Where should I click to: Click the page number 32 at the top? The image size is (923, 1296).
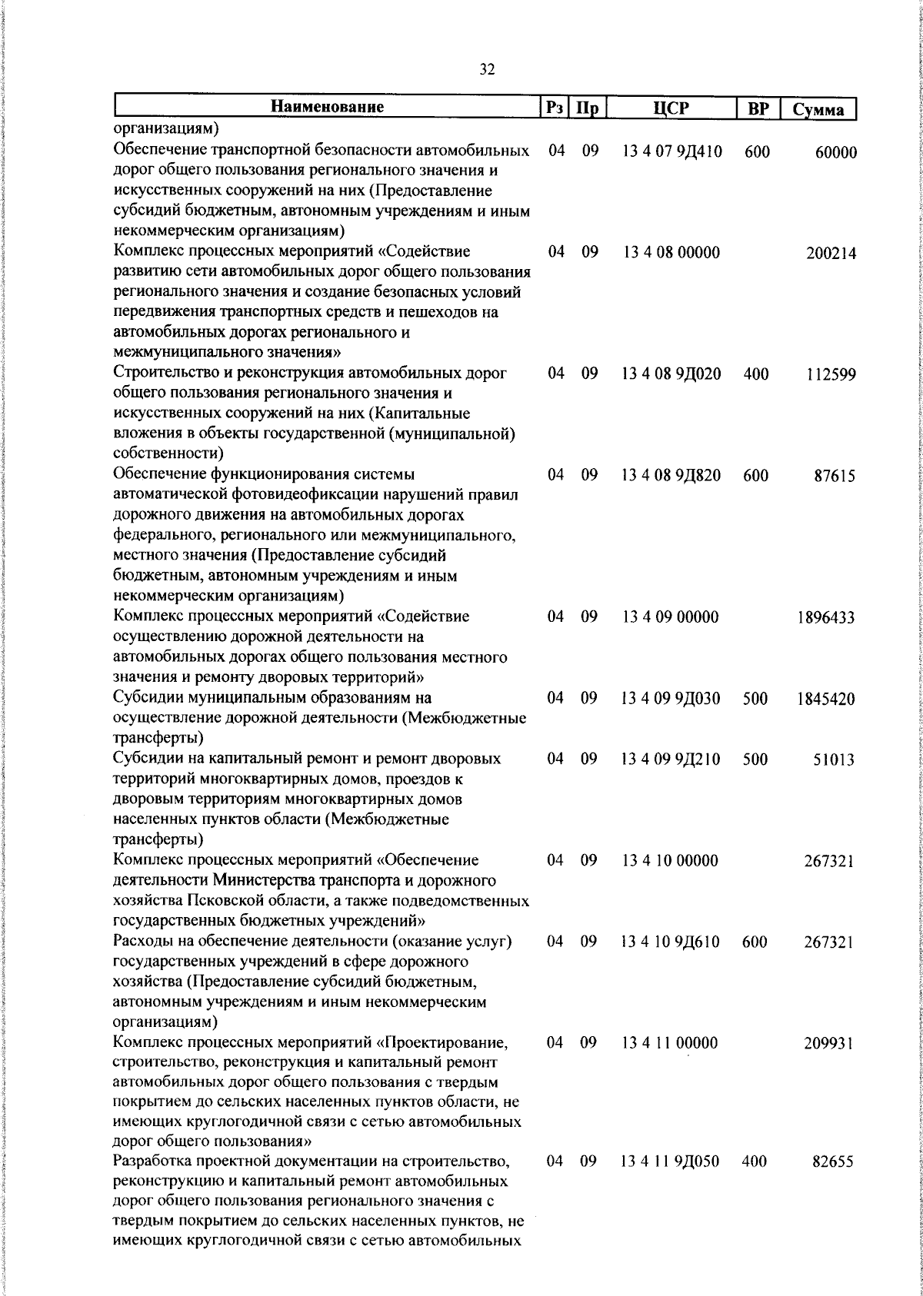coord(487,70)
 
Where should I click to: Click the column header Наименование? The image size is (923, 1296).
coord(327,107)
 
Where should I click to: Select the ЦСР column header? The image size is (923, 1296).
coord(671,108)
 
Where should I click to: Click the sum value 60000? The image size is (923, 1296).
coord(835,152)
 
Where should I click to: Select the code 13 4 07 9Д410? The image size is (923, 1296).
coord(671,151)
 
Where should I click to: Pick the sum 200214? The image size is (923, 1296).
coord(831,253)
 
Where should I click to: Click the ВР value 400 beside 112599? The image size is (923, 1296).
coord(755,374)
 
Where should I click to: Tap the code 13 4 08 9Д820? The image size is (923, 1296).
coord(671,475)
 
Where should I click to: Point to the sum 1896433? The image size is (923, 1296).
coord(826,617)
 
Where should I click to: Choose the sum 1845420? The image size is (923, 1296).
coord(826,699)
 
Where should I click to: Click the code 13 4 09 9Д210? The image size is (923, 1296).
coord(671,759)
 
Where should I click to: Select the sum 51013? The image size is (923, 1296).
coord(835,759)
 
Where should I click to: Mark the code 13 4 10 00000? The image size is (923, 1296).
coord(670,860)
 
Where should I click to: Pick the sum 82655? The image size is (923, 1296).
coord(833,1184)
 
